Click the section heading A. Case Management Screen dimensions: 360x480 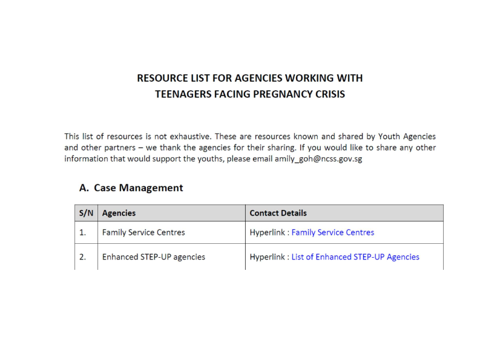click(131, 188)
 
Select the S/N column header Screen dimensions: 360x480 click(85, 213)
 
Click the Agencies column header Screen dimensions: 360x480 click(119, 213)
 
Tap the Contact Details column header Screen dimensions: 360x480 click(278, 213)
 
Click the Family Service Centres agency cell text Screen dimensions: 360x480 click(143, 232)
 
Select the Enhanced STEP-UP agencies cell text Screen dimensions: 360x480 click(153, 257)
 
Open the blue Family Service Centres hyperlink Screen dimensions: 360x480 click(333, 232)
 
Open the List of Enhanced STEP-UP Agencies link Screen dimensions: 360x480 click(355, 257)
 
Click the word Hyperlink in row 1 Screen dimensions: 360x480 click(267, 232)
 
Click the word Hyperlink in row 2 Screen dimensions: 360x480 click(267, 257)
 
